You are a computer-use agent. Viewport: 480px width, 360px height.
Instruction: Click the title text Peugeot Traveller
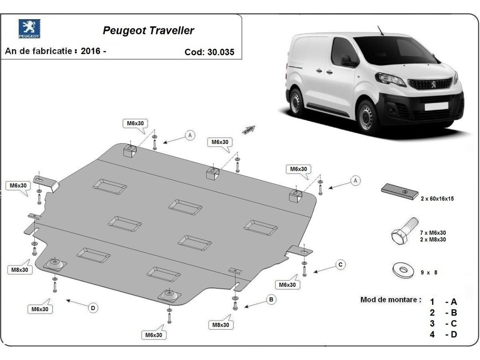tap(148, 31)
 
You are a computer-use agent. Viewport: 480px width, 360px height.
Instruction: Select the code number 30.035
tap(221, 52)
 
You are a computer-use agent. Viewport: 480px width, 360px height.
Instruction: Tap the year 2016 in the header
tap(90, 51)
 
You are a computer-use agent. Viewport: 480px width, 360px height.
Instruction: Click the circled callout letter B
tap(271, 299)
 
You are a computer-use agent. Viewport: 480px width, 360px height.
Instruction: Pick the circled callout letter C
tap(340, 264)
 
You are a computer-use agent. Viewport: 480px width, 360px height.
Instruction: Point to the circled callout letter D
tap(93, 308)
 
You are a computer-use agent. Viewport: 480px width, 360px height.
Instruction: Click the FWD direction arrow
tap(248, 130)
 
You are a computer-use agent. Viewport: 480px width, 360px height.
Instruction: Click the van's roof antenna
tap(380, 31)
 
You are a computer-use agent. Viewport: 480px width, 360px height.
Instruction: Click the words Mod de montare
tap(390, 300)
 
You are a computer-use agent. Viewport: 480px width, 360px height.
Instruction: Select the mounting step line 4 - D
tap(443, 334)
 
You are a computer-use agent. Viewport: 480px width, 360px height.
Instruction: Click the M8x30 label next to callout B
tap(221, 325)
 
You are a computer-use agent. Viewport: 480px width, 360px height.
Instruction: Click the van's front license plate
tap(436, 106)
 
